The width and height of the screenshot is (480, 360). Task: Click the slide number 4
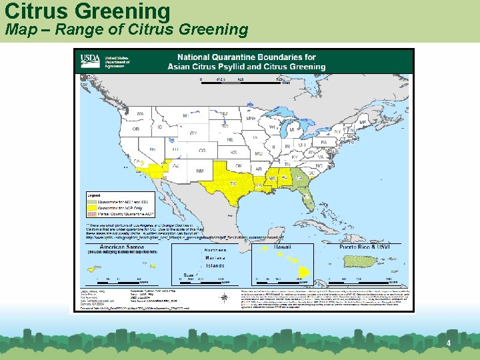449,343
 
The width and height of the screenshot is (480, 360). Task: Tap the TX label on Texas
233,183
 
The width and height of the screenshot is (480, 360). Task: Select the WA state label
141,114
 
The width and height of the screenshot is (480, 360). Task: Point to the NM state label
199,171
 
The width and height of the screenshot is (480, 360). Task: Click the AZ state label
176,165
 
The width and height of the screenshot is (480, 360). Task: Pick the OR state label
136,129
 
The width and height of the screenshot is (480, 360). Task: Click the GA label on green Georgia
299,177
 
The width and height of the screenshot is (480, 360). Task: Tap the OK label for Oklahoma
238,166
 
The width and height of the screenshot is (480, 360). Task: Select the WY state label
193,133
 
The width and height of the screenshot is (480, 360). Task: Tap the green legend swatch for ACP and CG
92,201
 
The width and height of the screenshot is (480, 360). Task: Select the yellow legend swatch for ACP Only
92,207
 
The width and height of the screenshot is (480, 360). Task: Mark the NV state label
153,149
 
